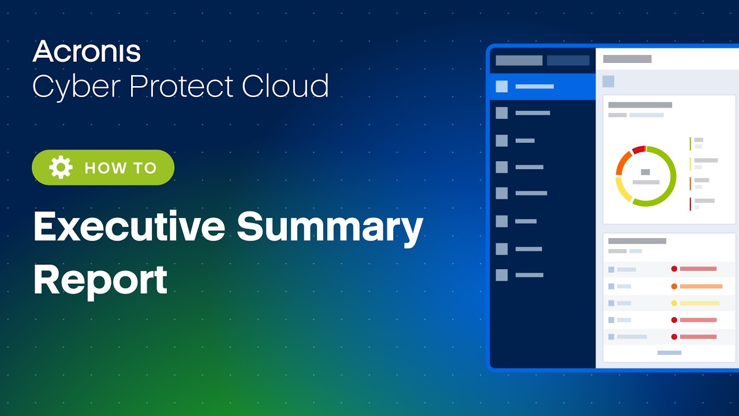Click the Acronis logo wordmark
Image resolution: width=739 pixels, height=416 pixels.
tap(87, 51)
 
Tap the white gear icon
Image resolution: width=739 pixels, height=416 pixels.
tap(61, 168)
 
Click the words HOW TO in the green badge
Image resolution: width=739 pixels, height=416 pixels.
tap(121, 168)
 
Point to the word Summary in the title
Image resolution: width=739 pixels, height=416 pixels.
tap(330, 227)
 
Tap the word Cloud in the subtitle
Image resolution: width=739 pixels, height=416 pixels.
tap(285, 86)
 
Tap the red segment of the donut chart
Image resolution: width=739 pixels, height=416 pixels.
tap(638, 150)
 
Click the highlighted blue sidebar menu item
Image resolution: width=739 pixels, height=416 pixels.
tap(542, 87)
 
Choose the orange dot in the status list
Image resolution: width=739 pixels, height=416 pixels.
tap(674, 286)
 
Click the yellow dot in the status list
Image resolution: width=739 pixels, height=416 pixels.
tap(674, 303)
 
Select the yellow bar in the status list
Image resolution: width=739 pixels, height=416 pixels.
tap(699, 303)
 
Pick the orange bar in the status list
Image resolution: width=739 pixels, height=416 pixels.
tap(701, 286)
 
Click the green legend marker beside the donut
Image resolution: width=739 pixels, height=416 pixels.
tap(690, 143)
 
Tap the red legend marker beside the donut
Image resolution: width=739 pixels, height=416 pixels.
tap(690, 204)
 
